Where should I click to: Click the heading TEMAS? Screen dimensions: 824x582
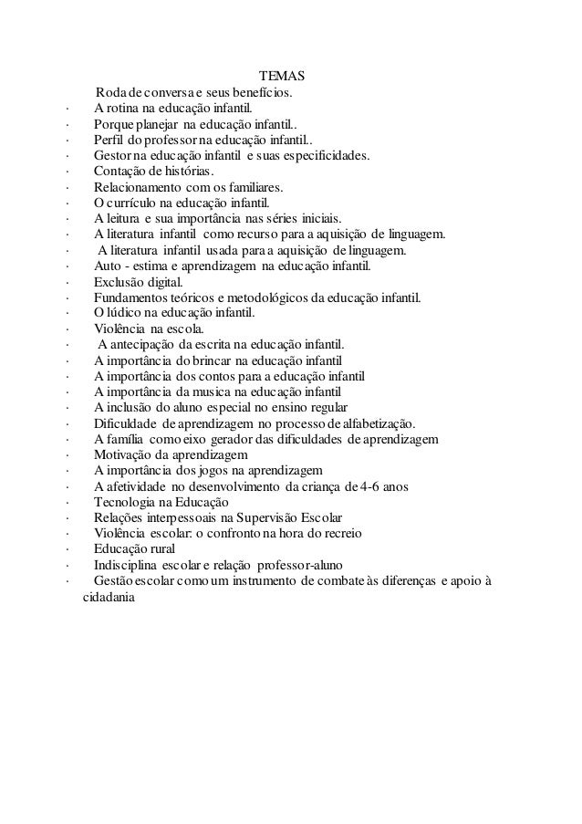point(282,76)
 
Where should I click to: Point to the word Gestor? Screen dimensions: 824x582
point(111,156)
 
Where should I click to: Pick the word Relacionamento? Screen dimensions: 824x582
point(140,188)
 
